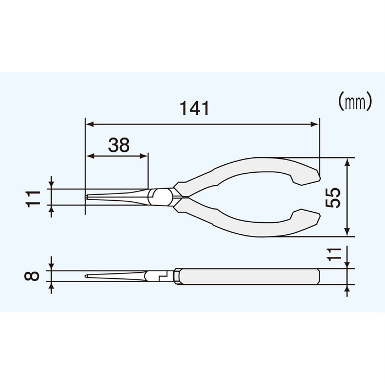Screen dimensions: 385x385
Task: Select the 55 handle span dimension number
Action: point(333,197)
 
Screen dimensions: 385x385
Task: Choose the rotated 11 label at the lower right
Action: point(333,254)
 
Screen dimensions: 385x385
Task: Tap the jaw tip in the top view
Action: point(89,197)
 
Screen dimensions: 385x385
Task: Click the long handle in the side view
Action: point(248,276)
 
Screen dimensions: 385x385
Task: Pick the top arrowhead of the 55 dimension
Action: point(347,163)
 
